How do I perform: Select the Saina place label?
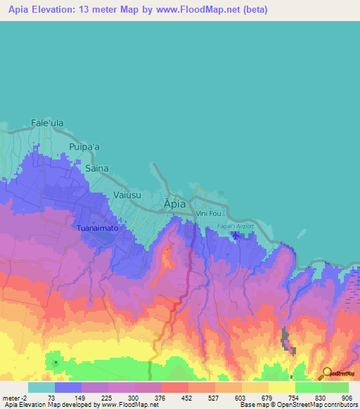(98, 169)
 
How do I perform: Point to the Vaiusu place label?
(128, 196)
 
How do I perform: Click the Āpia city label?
(175, 203)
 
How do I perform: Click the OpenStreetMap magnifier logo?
(326, 373)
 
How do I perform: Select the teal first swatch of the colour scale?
(41, 387)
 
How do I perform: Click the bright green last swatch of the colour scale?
(335, 387)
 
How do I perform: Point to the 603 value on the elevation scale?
(241, 397)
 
